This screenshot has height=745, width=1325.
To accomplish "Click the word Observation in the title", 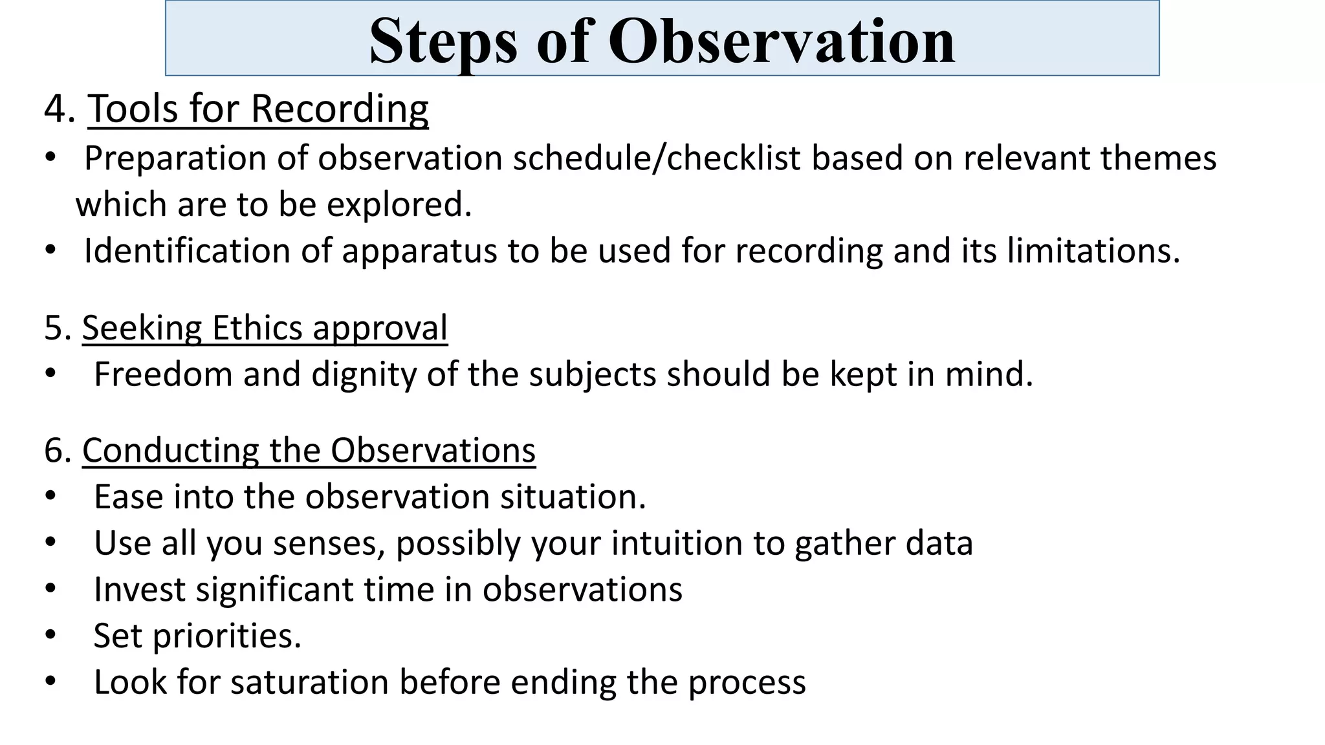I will pyautogui.click(x=781, y=41).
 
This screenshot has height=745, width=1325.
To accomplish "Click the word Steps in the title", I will pyautogui.click(x=443, y=41).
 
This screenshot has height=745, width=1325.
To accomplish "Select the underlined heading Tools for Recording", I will pyautogui.click(x=257, y=109).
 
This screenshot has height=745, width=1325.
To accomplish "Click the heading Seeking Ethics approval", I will pyautogui.click(x=265, y=328).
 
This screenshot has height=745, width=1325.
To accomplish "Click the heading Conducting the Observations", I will pyautogui.click(x=309, y=451).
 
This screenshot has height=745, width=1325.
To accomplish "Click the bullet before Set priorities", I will pyautogui.click(x=51, y=636).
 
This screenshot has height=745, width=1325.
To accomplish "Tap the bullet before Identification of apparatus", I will pyautogui.click(x=51, y=251).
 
